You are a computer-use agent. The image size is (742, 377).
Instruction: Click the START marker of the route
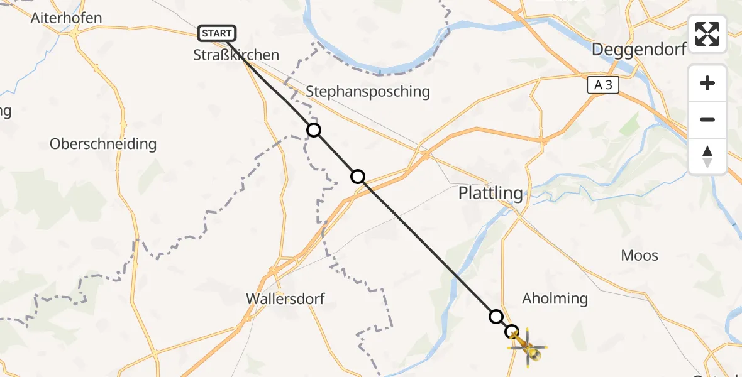point(217,33)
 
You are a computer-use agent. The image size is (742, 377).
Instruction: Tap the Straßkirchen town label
point(236,55)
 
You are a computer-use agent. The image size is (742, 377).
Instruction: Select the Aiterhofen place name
point(66,18)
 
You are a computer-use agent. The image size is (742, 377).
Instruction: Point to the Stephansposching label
point(368,92)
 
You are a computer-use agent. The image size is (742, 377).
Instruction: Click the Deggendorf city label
point(638,50)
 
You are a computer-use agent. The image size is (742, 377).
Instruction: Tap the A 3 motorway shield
point(603,85)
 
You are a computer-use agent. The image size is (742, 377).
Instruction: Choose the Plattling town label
point(490,193)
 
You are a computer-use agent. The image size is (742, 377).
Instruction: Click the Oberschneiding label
point(103,144)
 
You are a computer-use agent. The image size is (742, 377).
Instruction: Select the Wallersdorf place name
point(285,298)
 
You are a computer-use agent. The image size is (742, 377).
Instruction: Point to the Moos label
point(639,255)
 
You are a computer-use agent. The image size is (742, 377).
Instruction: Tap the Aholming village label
point(555,298)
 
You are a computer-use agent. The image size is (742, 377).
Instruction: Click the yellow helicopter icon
point(528,347)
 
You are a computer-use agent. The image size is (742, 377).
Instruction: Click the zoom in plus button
point(707,83)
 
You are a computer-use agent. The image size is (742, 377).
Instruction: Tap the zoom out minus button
point(707,119)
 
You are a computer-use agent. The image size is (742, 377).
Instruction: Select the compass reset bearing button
point(707,156)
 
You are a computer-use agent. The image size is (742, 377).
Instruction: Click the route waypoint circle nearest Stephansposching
point(314,130)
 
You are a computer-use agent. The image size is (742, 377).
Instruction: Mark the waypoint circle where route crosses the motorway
point(358,177)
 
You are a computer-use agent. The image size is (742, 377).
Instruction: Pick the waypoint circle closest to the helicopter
point(512,331)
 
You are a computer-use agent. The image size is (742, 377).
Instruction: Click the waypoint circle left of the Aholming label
point(496,316)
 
